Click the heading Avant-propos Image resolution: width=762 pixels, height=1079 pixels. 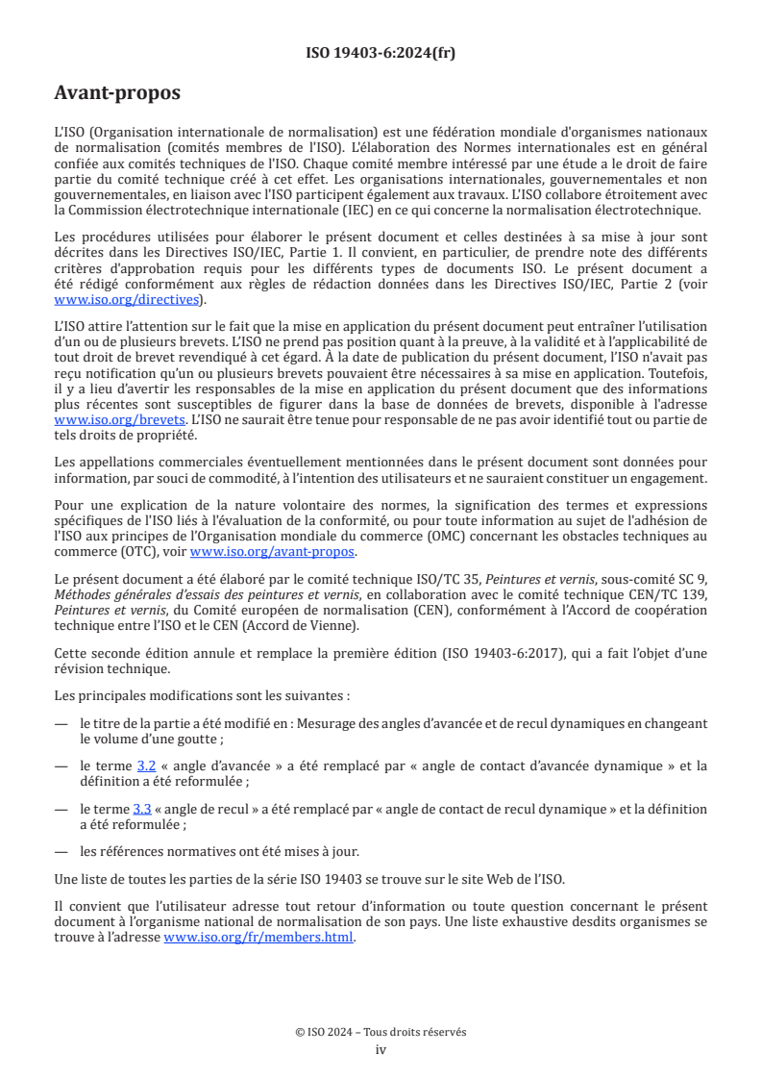117,93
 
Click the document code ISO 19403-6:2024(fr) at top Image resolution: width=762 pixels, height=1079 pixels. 381,53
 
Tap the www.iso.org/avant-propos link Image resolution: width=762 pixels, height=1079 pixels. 273,551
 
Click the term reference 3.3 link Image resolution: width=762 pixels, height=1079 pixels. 142,809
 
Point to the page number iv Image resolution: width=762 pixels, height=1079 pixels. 381,1049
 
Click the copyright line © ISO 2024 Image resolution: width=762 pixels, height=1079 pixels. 381,1032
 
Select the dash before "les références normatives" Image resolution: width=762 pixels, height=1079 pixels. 61,851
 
